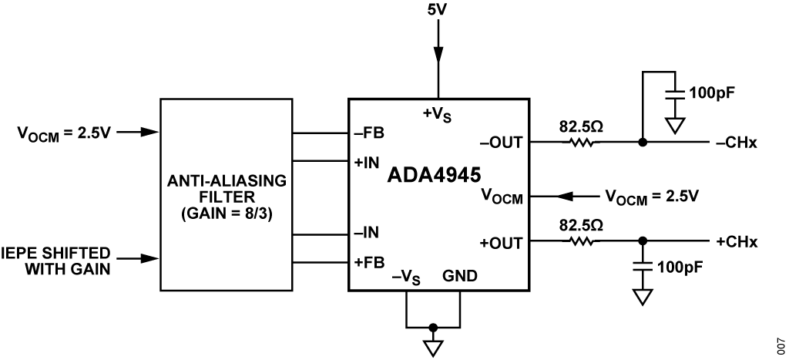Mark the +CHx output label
(737, 242)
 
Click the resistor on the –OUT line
(579, 142)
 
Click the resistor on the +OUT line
(579, 241)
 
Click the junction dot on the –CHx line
(643, 142)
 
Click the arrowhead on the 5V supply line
(438, 54)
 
